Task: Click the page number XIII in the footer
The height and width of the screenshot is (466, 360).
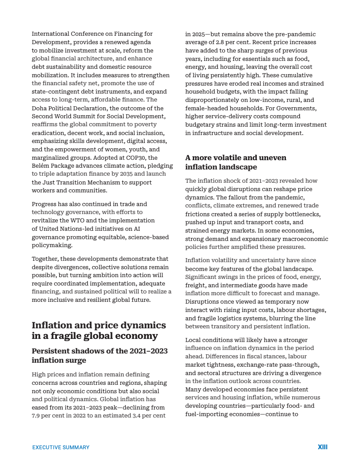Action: [322, 447]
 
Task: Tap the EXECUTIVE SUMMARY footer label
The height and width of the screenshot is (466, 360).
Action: [61, 447]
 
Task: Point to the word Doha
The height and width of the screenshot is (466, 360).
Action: [39, 108]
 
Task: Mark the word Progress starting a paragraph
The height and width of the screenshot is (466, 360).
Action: [45, 204]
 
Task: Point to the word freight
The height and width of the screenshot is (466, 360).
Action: [195, 285]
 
